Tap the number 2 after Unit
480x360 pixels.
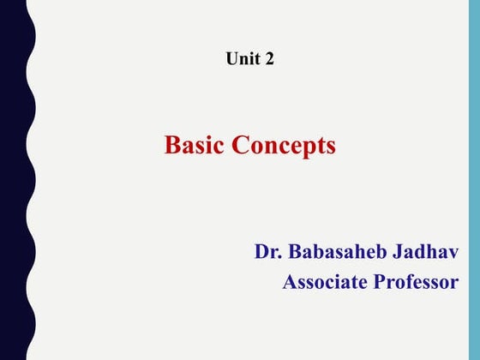point(269,59)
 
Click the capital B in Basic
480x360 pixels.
point(171,146)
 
